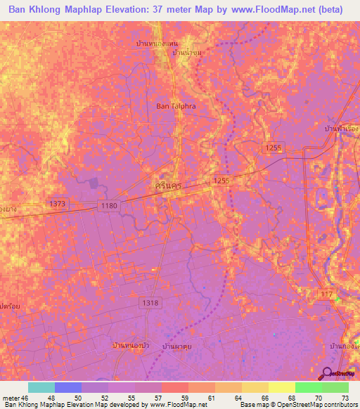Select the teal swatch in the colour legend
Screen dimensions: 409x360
(x=41, y=387)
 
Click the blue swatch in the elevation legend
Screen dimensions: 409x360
(x=68, y=387)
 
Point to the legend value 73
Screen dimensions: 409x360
(x=344, y=397)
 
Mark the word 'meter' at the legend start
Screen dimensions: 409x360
(x=11, y=397)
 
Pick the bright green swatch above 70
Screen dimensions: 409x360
(x=308, y=387)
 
